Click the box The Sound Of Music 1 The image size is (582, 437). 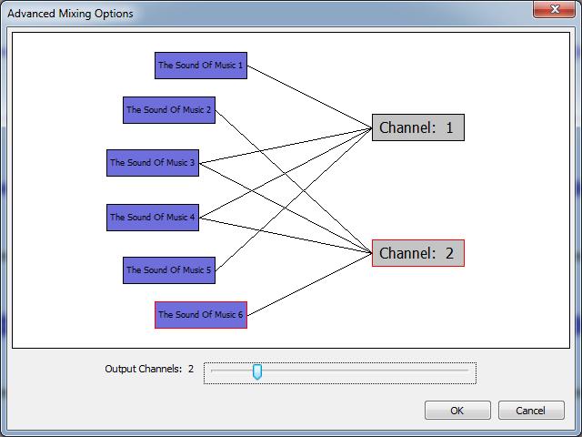[x=201, y=66]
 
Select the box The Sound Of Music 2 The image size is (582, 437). [x=169, y=110]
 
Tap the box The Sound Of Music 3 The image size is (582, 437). [x=153, y=163]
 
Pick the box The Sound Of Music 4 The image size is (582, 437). [x=153, y=218]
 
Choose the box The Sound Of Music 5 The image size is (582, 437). [x=169, y=270]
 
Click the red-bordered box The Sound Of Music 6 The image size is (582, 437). [x=201, y=315]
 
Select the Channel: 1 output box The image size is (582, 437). [x=417, y=127]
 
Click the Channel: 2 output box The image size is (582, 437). [x=417, y=253]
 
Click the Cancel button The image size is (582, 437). [x=531, y=411]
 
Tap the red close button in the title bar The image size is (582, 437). [x=555, y=10]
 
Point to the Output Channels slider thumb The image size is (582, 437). [x=257, y=371]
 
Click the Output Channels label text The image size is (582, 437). [x=144, y=370]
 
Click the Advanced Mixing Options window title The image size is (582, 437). [x=70, y=14]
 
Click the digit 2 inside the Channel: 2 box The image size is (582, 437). [x=449, y=253]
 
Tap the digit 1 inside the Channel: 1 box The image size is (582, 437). [x=449, y=127]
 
